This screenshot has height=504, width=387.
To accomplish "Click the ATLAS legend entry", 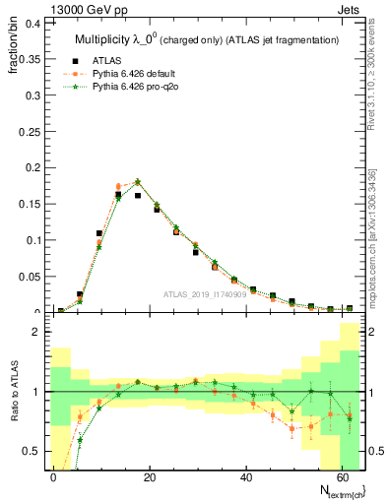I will pos(119,60).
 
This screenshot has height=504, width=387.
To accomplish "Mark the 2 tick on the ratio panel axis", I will pos(35,333).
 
